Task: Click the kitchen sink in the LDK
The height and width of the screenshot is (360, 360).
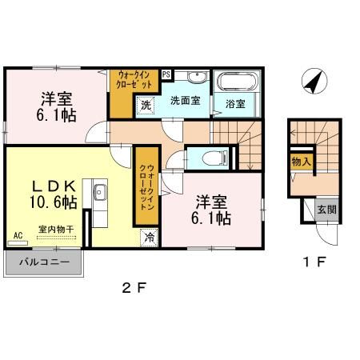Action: pos(100,193)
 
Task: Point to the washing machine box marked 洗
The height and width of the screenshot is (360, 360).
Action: pos(146,105)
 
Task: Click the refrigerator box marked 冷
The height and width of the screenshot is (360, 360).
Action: pos(149,236)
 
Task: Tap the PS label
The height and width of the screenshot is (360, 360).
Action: pos(166,74)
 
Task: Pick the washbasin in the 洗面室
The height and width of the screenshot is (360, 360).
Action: pos(192,78)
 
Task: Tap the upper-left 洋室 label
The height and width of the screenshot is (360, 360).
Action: pos(57,99)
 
